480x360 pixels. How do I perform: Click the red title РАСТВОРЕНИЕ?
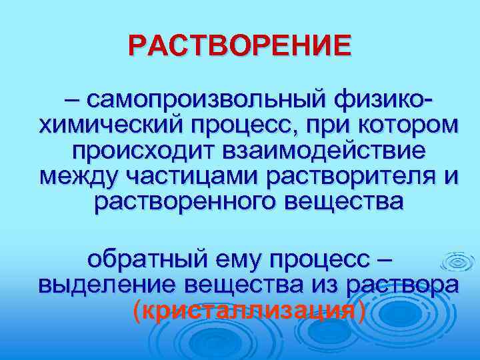(239, 46)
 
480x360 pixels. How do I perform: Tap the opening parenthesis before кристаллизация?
(137, 309)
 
